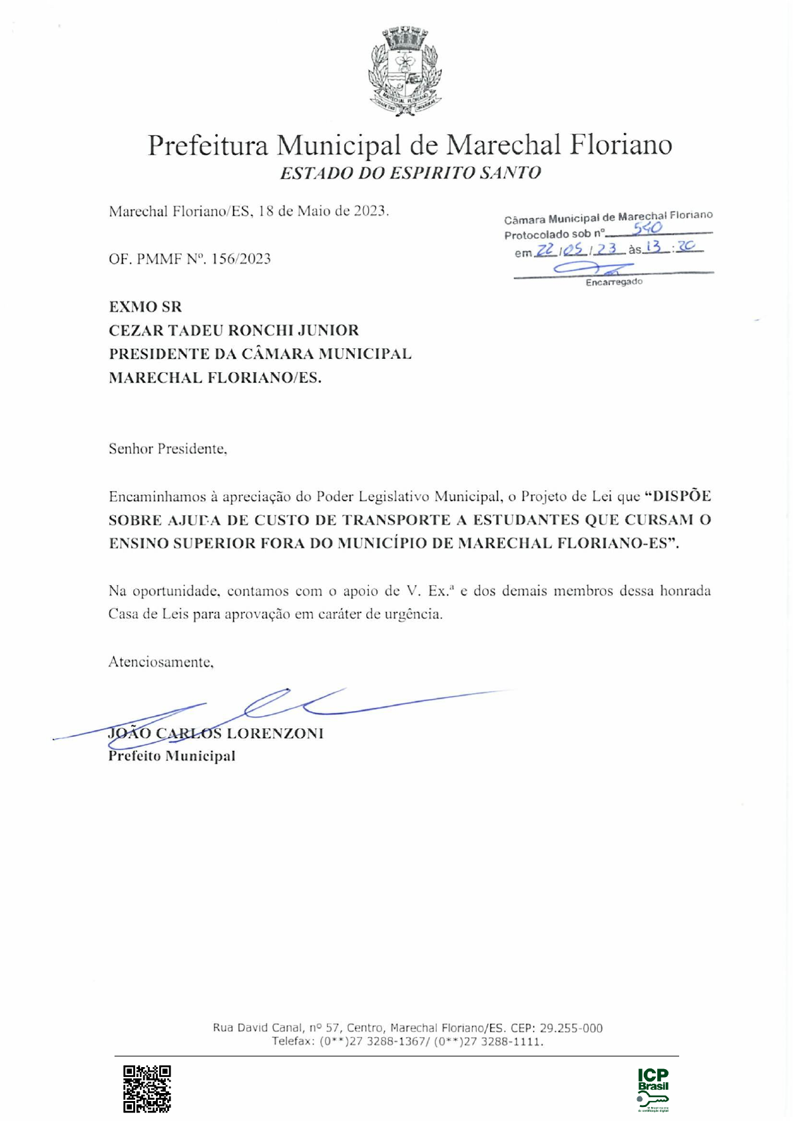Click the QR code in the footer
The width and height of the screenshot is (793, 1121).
coord(146,1088)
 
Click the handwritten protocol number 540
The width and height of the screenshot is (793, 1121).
coord(647,229)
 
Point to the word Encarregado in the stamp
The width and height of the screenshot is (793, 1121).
coord(614,282)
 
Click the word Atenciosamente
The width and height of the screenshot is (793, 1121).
coord(160,662)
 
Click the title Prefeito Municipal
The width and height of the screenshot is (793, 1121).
coord(172,756)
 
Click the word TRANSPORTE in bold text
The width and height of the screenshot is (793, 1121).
coord(396,520)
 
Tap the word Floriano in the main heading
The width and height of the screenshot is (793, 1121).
coord(620,144)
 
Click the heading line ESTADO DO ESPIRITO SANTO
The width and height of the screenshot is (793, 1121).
coord(410,173)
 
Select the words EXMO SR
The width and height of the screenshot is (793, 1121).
coord(145,307)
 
